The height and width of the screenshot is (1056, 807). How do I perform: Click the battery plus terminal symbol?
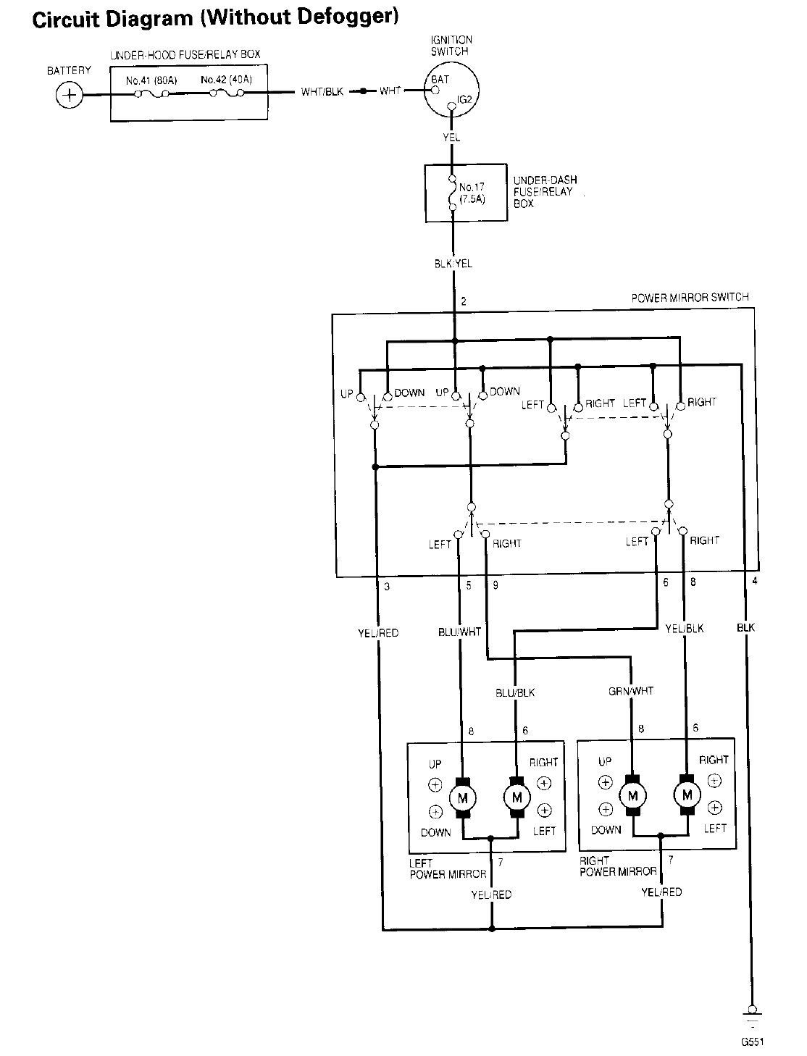[x=70, y=95]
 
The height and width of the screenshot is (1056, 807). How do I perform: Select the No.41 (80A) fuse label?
[x=151, y=80]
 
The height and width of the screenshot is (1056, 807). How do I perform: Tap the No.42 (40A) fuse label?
[x=226, y=80]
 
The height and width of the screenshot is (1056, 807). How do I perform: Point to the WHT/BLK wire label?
[x=322, y=91]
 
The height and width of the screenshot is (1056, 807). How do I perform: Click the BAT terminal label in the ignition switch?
[x=440, y=80]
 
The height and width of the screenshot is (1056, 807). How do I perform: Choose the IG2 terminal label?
[x=464, y=99]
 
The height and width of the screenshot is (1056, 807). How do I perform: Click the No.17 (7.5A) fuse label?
[x=472, y=193]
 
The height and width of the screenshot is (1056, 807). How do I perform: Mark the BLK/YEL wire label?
[x=453, y=264]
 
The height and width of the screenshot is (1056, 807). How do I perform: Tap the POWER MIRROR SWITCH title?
[x=690, y=297]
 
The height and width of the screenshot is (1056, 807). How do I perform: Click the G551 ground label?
[x=752, y=1042]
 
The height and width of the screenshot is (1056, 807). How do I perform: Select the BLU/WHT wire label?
[x=459, y=632]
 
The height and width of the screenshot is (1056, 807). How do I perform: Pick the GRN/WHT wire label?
[x=630, y=692]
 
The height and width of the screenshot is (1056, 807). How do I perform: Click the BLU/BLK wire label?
[x=515, y=693]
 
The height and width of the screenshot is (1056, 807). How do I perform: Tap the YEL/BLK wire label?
[x=684, y=628]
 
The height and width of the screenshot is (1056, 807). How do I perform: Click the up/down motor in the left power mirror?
[x=462, y=798]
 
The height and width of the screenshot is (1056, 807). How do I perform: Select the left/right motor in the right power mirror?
[x=687, y=795]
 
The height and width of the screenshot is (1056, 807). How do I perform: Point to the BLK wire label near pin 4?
[x=745, y=627]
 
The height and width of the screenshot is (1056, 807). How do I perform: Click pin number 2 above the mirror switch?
[x=464, y=301]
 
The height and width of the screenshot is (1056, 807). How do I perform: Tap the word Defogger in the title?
[x=348, y=17]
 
